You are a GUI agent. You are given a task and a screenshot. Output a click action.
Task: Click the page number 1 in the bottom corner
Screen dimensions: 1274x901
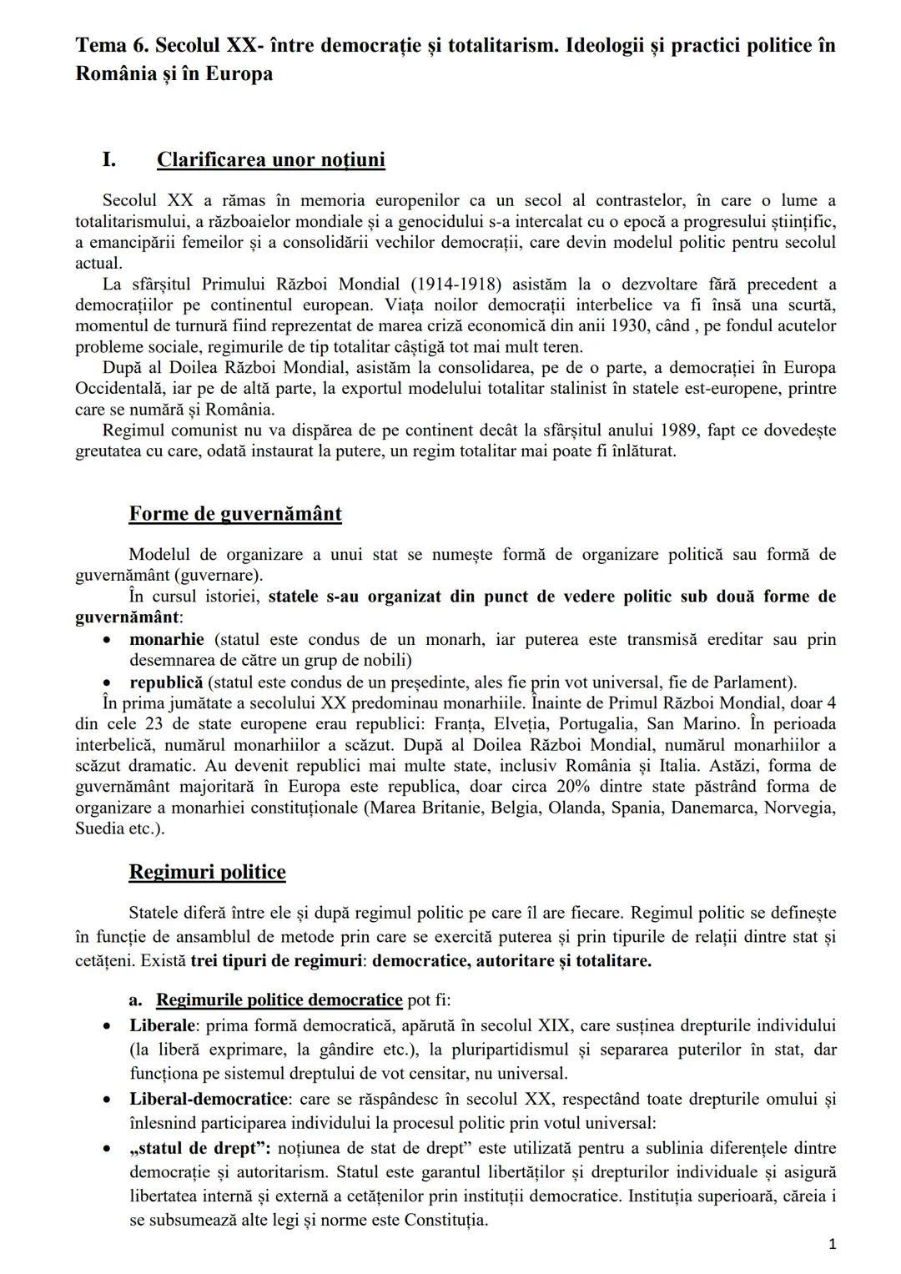[x=832, y=1244]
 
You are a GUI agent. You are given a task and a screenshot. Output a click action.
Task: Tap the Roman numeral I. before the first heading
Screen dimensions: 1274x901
[x=108, y=159]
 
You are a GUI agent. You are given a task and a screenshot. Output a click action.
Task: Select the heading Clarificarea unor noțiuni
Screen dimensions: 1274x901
[x=270, y=159]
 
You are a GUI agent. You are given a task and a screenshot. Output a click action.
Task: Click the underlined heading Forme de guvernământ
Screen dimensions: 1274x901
[x=234, y=513]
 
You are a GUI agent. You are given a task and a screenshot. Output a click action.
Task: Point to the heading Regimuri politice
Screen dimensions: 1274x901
[x=207, y=872]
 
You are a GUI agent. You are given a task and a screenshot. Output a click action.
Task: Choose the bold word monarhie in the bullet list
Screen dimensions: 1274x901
[x=166, y=640]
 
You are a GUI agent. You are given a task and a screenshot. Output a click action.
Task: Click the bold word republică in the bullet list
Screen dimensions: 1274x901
[x=165, y=682]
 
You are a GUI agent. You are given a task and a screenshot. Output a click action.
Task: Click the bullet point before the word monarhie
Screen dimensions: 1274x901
[x=107, y=641]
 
